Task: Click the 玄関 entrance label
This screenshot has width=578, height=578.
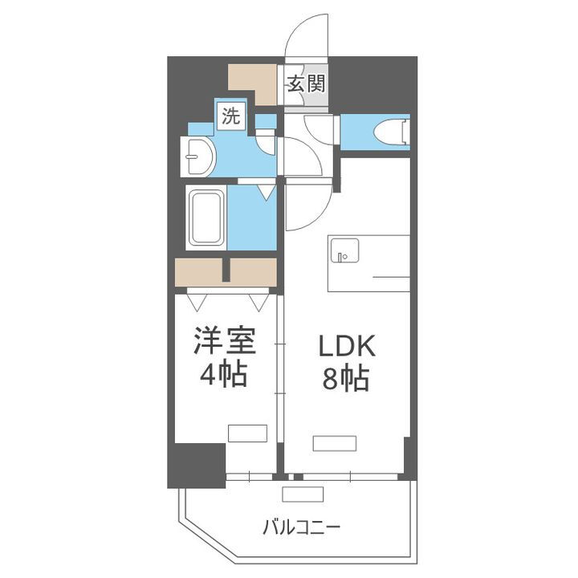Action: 307,83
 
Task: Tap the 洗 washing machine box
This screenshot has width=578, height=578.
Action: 231,116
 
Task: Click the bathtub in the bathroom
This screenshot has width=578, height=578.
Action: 206,218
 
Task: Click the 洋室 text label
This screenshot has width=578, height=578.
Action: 225,341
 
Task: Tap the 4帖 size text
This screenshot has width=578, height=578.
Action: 225,374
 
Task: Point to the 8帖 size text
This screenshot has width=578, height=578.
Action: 346,377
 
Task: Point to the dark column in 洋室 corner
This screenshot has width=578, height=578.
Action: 196,464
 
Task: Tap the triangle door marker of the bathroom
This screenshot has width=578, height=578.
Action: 265,193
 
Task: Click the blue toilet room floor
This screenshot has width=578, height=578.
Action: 365,132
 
